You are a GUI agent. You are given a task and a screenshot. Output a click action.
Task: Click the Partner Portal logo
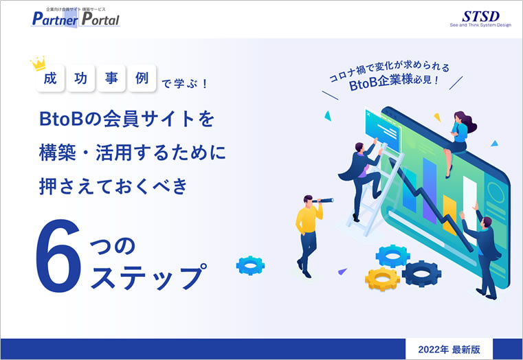click(x=76, y=18)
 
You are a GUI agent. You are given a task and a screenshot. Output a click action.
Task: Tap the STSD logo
click(x=480, y=19)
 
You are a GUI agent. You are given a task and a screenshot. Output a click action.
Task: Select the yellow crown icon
click(x=38, y=63)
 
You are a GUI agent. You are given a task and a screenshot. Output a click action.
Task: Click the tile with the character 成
click(x=50, y=78)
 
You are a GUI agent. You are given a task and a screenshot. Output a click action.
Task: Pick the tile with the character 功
click(x=80, y=78)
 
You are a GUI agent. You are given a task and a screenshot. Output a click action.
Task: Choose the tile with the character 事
click(x=111, y=78)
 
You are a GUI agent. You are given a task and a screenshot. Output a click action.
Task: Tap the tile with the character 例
click(x=142, y=78)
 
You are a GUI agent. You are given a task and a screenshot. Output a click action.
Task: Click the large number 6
click(x=58, y=256)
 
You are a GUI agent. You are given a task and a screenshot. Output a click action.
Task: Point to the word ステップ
click(x=148, y=276)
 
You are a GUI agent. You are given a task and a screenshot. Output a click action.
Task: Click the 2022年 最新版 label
click(x=449, y=349)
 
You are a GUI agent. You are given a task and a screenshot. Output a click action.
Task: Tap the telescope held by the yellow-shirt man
click(x=322, y=201)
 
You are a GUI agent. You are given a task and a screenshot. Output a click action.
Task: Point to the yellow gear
click(x=382, y=279)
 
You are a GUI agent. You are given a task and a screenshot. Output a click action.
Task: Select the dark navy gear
click(x=421, y=274)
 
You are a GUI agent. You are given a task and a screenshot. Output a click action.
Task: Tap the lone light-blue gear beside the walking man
click(x=250, y=265)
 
